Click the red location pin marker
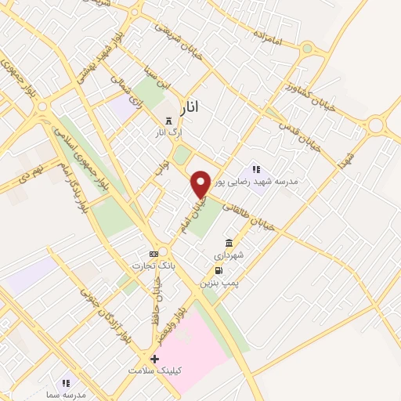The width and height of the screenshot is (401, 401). [x=201, y=183]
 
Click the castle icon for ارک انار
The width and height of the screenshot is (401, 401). [x=168, y=120]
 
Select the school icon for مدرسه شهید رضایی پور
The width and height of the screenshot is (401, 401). [x=255, y=169]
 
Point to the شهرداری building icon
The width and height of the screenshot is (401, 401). [x=228, y=243]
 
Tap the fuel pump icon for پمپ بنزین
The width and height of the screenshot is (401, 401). [x=217, y=270]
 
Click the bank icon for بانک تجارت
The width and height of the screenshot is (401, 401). [x=154, y=254]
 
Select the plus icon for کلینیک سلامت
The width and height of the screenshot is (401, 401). [x=154, y=358]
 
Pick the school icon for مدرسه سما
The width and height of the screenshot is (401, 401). [x=67, y=383]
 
